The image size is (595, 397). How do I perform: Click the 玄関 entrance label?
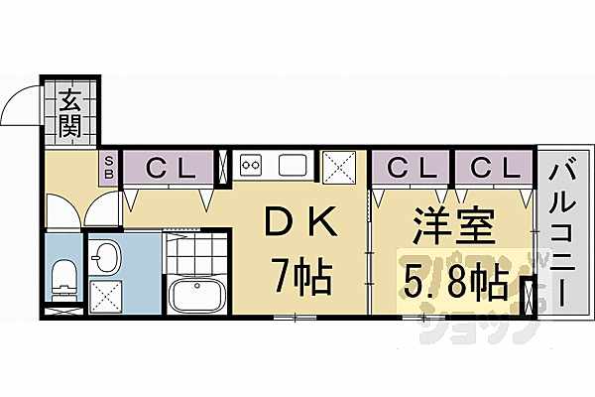tap(71, 112)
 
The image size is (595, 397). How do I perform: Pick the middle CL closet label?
tap(411, 166)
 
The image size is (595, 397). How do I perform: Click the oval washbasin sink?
tap(106, 259)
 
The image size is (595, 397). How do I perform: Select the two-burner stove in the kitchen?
tap(250, 165)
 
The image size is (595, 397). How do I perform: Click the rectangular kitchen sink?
tap(295, 165)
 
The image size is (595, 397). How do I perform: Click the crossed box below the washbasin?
tap(106, 295)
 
